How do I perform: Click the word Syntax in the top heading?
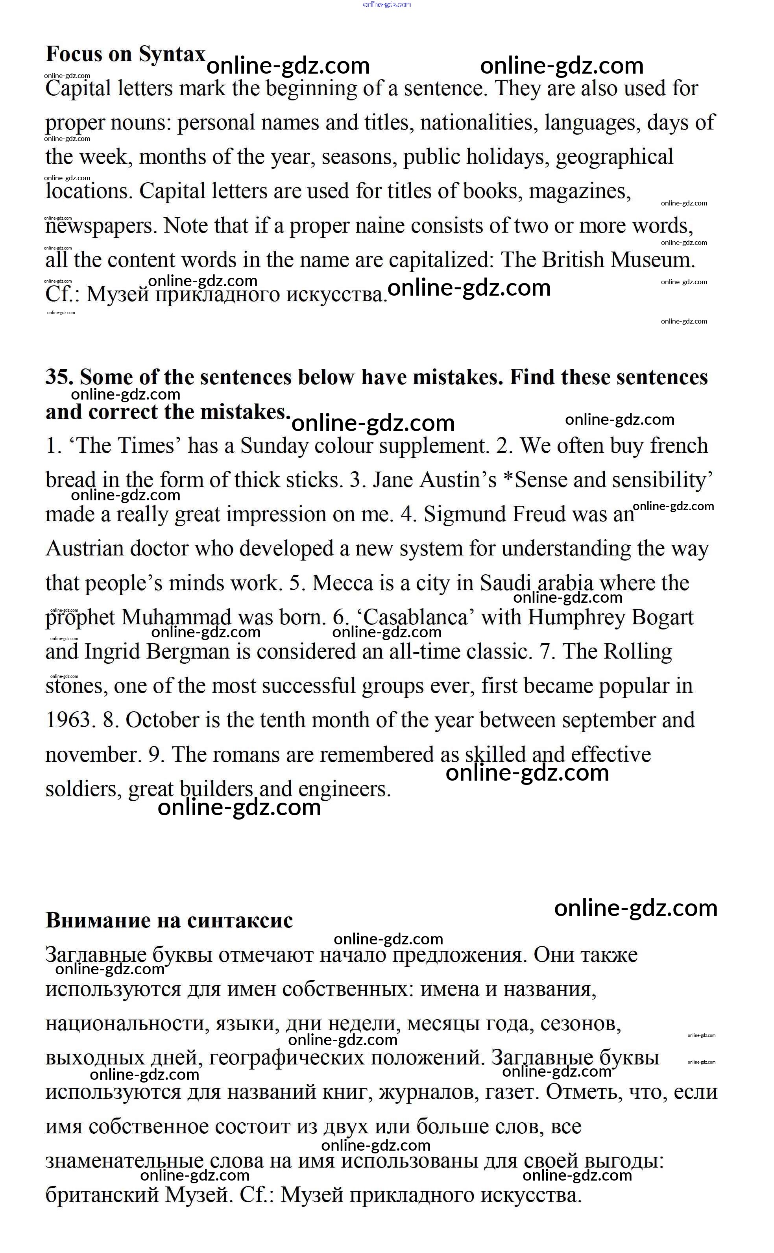coord(172,54)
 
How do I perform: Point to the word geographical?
coord(614,157)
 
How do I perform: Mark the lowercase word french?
coord(679,446)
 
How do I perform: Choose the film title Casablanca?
coord(415,618)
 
